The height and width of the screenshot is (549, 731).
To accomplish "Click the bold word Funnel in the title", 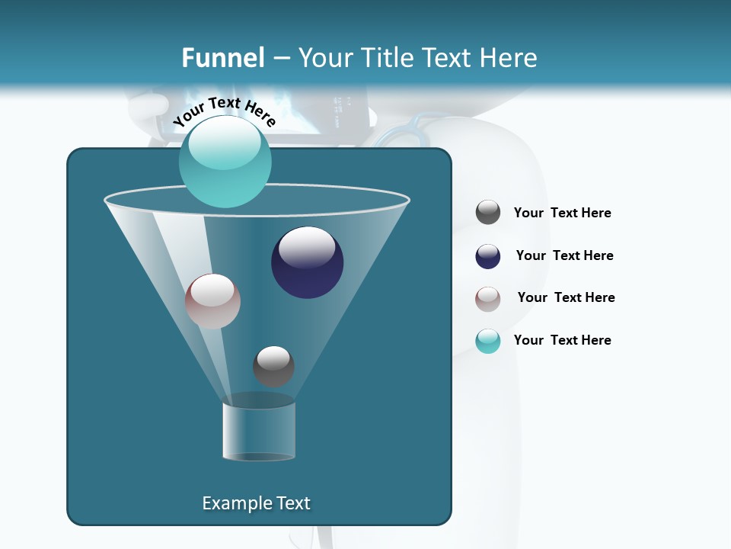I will [x=223, y=58].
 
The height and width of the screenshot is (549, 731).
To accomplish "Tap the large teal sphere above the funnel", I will [x=225, y=161].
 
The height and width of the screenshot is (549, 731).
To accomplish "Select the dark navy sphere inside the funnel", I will [x=307, y=263].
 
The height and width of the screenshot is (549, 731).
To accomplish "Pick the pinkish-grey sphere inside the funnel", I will [x=212, y=301].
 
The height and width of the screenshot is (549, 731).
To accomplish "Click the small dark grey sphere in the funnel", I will [x=273, y=366].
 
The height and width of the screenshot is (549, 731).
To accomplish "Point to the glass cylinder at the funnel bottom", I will [x=259, y=431].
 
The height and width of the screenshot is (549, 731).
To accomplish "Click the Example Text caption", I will [x=256, y=503].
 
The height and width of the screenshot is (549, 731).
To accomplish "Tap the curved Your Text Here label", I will [x=225, y=111].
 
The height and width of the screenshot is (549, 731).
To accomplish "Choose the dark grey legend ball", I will [x=488, y=213].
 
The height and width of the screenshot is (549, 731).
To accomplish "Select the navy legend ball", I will [x=488, y=256].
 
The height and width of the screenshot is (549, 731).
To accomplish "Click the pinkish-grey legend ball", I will [x=488, y=299].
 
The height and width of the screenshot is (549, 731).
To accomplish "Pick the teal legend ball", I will [x=488, y=341].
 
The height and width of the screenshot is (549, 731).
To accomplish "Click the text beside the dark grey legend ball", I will [x=562, y=213].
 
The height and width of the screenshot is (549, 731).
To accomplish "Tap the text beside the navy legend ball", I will [x=564, y=255].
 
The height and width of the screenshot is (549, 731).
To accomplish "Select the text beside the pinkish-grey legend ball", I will [x=566, y=297].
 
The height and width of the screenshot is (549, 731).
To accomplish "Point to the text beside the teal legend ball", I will [x=562, y=340].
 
